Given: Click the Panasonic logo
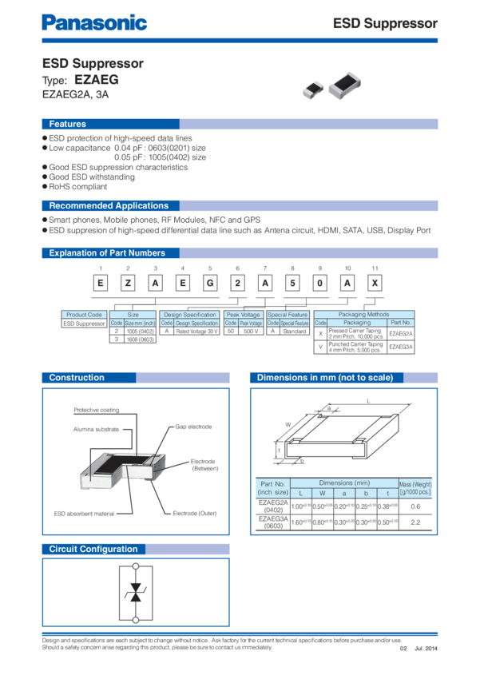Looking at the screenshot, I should tap(94, 22).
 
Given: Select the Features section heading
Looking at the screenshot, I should tap(68, 124).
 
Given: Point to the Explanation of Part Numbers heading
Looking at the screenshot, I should tap(107, 253).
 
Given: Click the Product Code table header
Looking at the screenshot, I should tap(84, 315).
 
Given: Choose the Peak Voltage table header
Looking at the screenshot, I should tap(242, 315).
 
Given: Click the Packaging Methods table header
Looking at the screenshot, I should tap(363, 315).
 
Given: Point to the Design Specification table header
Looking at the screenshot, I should tap(189, 315).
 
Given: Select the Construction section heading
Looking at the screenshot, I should tap(77, 377).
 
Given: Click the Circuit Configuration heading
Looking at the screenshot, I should tap(93, 549).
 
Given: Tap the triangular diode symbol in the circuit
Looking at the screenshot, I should tap(136, 593).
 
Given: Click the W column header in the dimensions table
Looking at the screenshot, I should tap(322, 493).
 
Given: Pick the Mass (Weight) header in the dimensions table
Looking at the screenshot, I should tap(415, 487).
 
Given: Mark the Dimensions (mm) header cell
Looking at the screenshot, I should tap(344, 482).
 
